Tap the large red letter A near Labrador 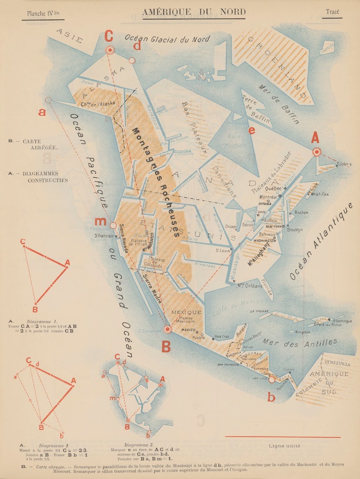[315, 138]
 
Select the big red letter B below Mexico [166, 346]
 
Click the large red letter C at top [109, 36]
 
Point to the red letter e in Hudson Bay [251, 131]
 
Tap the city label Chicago [231, 227]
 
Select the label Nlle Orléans [247, 285]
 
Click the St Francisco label [105, 236]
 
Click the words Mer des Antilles [300, 343]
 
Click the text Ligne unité [284, 445]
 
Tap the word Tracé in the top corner [332, 12]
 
